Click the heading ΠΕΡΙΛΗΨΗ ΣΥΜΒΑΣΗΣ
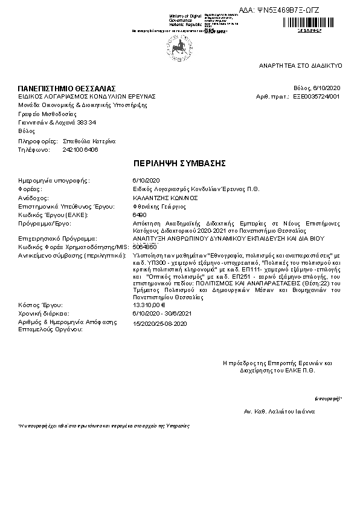179,164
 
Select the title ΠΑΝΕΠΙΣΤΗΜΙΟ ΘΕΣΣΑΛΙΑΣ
66,89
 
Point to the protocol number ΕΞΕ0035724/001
317,96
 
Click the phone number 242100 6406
80,149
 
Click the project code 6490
138,215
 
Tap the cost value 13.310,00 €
149,305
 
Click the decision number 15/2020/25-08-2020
159,324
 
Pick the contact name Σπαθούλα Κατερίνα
89,141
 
